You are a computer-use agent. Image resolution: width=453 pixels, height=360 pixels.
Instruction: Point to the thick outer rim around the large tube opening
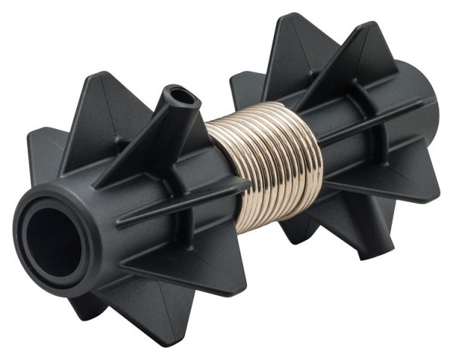[72, 263]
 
